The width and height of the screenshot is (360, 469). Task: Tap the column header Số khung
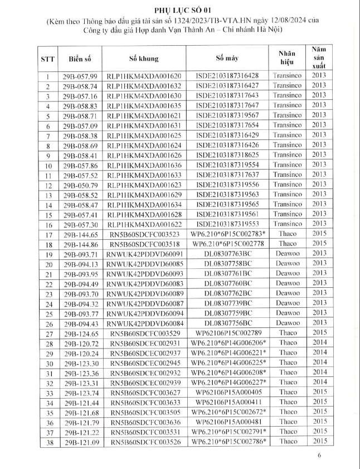(144, 59)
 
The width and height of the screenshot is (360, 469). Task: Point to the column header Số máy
(228, 58)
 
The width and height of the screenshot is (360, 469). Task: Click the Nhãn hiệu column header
(287, 58)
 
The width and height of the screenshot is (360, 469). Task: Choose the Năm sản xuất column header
(318, 58)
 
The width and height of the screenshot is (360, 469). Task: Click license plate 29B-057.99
(81, 76)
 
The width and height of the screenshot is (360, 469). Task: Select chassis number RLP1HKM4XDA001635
(144, 105)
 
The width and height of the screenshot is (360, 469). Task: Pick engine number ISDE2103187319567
(227, 114)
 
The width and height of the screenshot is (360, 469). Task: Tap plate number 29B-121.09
(81, 442)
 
